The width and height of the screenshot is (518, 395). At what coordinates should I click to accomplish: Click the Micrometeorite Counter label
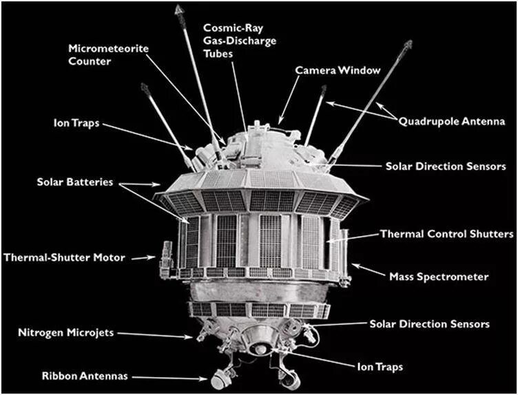99,54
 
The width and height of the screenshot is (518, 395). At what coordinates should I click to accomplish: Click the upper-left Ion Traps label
76,123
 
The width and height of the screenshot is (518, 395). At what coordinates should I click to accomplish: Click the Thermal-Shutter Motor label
65,258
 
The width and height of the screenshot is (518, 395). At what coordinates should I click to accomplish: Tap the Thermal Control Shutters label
446,235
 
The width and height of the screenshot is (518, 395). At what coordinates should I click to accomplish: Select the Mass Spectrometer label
439,277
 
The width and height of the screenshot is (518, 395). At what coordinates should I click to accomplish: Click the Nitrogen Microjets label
66,334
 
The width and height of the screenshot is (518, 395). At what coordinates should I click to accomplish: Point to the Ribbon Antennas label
86,376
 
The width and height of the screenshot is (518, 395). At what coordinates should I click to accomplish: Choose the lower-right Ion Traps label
380,367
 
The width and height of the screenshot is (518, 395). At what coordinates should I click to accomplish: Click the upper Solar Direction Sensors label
446,167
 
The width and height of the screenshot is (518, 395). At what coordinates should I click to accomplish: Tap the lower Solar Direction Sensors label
430,323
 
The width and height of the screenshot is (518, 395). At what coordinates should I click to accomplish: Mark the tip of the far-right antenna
408,43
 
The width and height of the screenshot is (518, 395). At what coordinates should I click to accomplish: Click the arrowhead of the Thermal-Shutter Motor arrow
156,258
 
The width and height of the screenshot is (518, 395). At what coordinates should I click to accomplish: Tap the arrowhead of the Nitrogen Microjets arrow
195,337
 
